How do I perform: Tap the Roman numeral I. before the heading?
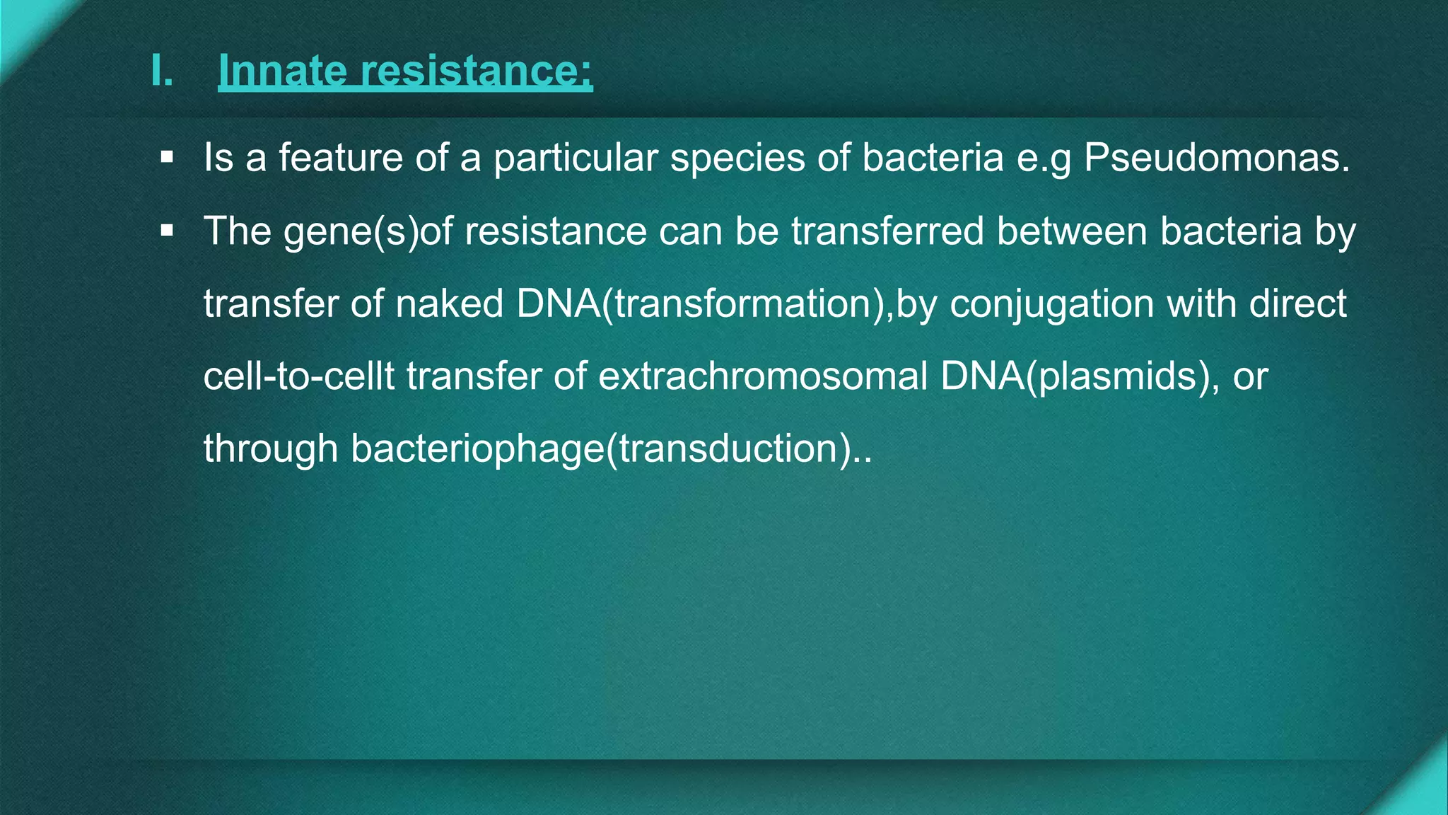pyautogui.click(x=162, y=71)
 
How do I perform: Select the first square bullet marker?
pyautogui.click(x=167, y=157)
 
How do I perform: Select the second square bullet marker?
pyautogui.click(x=167, y=231)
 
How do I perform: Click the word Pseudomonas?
pyautogui.click(x=1217, y=157)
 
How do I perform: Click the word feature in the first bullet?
pyautogui.click(x=340, y=157)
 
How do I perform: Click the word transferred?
pyautogui.click(x=887, y=231)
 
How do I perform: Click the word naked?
pyautogui.click(x=449, y=304)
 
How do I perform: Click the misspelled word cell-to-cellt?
pyautogui.click(x=298, y=376)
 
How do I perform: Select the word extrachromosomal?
pyautogui.click(x=763, y=376)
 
